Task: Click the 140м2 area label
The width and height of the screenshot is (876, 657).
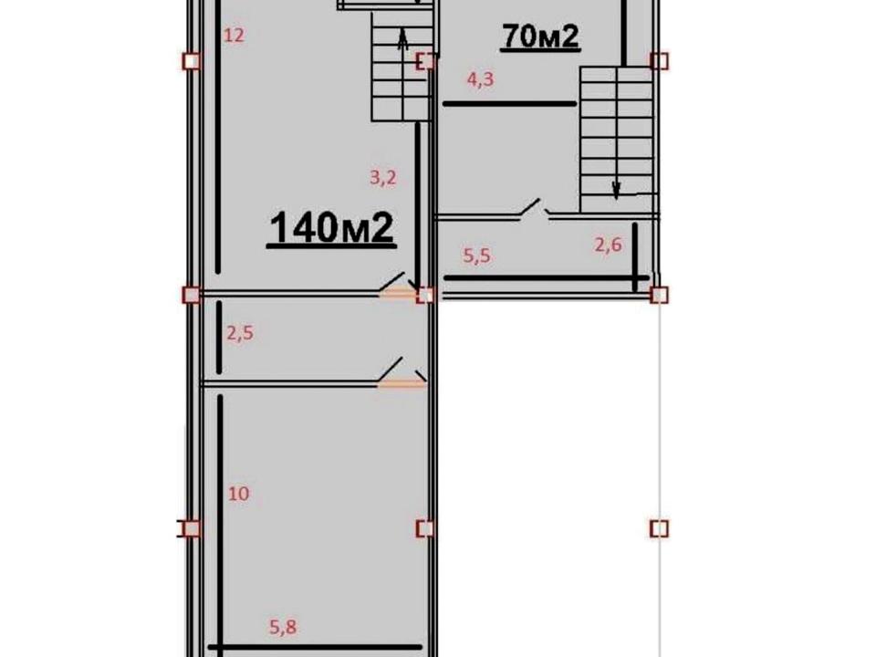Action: [332, 228]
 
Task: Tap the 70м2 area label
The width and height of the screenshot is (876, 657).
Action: [541, 36]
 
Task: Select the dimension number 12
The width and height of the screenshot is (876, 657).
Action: [234, 36]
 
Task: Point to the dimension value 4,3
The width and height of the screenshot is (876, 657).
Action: [481, 79]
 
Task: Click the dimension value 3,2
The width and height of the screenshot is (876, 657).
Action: [383, 178]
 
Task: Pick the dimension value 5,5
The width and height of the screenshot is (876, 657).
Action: [477, 255]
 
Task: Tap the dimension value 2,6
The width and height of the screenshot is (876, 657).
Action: [609, 245]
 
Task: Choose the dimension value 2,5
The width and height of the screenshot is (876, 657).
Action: [240, 333]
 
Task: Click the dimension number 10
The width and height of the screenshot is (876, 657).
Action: [238, 494]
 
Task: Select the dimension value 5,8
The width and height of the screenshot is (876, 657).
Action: [283, 627]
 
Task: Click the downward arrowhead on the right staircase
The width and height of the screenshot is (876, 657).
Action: [616, 191]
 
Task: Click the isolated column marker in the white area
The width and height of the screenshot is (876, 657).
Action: [660, 528]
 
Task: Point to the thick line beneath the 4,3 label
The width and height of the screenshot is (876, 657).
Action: [509, 104]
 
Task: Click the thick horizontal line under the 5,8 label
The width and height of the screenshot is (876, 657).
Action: [315, 648]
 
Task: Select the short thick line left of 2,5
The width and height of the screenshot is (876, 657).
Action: [220, 338]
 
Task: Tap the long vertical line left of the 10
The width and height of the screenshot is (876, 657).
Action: [221, 526]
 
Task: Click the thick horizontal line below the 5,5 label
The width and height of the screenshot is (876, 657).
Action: [547, 277]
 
